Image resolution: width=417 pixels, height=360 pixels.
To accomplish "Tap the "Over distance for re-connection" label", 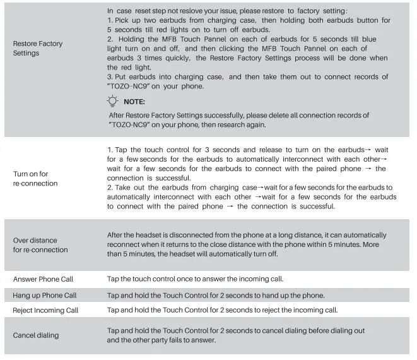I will (x=40, y=244).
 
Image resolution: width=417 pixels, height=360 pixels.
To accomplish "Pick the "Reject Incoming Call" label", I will (x=45, y=310).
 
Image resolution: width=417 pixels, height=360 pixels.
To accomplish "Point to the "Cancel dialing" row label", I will (x=36, y=335).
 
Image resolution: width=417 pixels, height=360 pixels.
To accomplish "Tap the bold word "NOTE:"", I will (x=134, y=102).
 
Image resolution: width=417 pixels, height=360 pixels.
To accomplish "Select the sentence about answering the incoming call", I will (x=195, y=279).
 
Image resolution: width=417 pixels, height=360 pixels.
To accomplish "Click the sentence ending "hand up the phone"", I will (x=216, y=295).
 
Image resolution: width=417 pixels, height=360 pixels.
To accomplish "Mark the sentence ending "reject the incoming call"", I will (x=222, y=310).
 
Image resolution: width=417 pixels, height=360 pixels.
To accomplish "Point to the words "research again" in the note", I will (x=245, y=124).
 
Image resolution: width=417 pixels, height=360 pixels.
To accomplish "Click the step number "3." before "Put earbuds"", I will (x=110, y=77).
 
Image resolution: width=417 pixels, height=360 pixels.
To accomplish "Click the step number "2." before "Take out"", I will (x=110, y=188).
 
